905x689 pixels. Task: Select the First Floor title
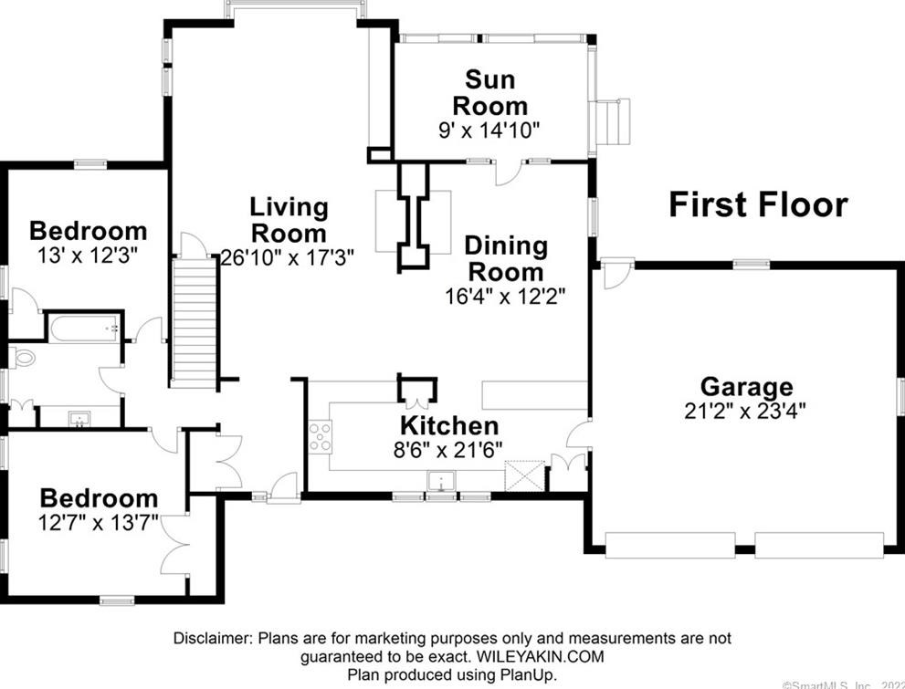click(x=758, y=204)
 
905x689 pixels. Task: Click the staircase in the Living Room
click(x=195, y=321)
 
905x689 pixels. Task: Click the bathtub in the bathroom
click(x=84, y=328)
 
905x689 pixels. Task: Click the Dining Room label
click(x=505, y=258)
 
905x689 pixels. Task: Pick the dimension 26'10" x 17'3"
click(x=288, y=257)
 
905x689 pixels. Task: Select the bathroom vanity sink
click(x=81, y=419)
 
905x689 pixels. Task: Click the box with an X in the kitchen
click(x=524, y=475)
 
